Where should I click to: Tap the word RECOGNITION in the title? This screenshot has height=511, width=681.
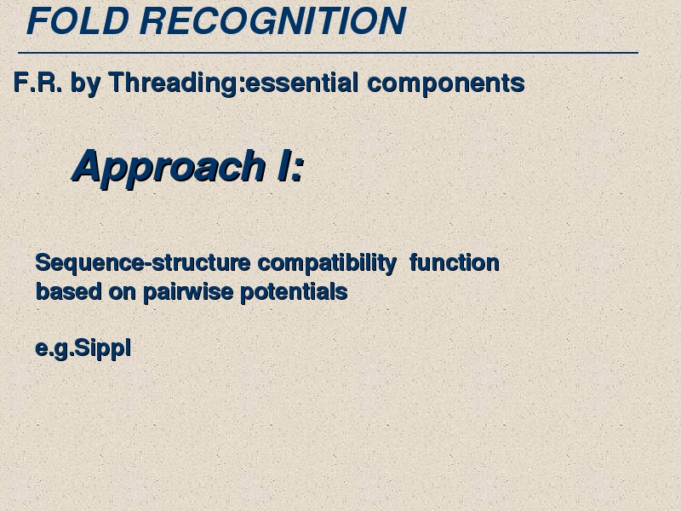tap(272, 20)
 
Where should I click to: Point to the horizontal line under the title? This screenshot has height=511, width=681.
tap(328, 53)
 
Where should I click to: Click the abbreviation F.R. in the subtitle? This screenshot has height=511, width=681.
tap(37, 82)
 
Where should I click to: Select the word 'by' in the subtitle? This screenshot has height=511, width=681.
tap(85, 83)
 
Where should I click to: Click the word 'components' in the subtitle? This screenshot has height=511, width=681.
tap(446, 83)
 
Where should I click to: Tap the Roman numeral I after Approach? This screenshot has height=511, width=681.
tap(283, 166)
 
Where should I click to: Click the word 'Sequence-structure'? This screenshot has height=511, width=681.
tap(143, 263)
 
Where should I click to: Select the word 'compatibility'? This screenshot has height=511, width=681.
tap(327, 263)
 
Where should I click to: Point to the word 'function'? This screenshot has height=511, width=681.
tap(455, 263)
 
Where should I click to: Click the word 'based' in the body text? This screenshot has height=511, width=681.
tap(69, 291)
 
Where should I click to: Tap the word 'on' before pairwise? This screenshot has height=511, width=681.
tap(123, 293)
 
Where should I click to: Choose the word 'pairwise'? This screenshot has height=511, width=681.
tap(188, 291)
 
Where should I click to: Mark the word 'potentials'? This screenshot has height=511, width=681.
tap(294, 291)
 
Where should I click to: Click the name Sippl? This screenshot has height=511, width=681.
tap(103, 348)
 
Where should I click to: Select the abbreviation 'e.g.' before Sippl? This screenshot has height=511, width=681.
tap(54, 349)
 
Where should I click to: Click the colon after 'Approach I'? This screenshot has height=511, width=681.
tap(297, 169)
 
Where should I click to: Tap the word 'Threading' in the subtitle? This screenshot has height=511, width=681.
tap(173, 83)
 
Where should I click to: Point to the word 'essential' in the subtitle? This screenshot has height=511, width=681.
tap(302, 83)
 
